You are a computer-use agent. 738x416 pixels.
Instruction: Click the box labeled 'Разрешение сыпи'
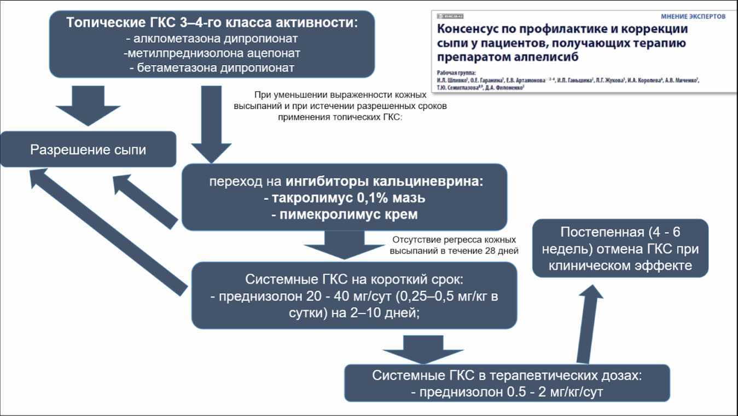(x=88, y=149)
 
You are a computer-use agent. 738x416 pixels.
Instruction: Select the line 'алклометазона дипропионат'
(x=212, y=39)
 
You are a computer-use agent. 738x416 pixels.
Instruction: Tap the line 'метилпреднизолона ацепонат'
(x=212, y=54)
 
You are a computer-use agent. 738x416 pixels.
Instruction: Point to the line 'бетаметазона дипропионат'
(x=212, y=68)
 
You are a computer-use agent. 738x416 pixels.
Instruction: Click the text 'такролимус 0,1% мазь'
(x=344, y=198)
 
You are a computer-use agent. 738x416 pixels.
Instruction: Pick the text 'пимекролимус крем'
(x=344, y=214)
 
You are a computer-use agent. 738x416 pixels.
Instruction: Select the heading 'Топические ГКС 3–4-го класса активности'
(x=212, y=24)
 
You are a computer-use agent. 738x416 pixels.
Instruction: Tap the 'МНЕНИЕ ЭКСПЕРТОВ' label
(x=693, y=16)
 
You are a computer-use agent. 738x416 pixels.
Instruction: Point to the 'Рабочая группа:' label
(x=457, y=72)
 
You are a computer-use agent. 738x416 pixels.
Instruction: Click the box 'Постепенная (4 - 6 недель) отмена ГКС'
(x=620, y=249)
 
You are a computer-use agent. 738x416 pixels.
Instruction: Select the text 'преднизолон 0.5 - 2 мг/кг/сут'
(x=507, y=392)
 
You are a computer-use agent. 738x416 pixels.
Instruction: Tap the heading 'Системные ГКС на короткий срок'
(x=354, y=279)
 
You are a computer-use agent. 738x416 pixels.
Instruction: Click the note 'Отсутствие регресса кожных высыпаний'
(x=454, y=245)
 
